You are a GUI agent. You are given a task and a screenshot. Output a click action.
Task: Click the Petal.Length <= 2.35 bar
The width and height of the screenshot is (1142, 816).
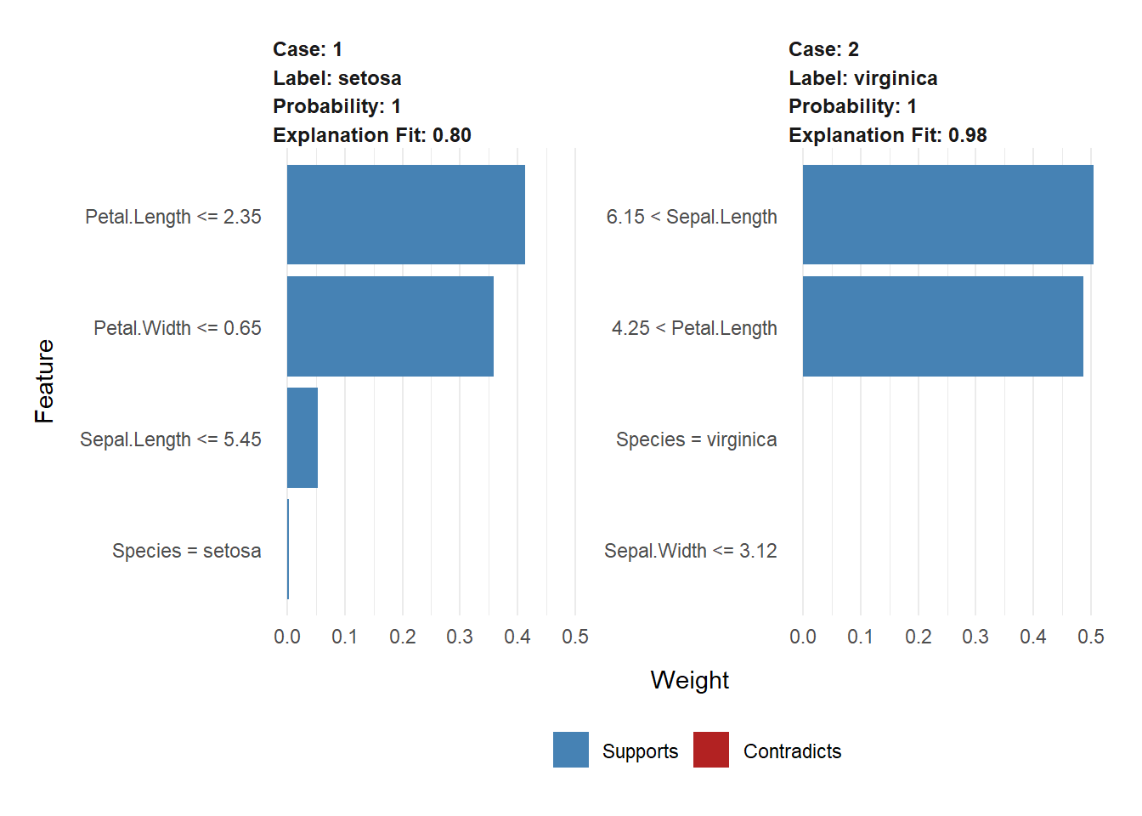(405, 214)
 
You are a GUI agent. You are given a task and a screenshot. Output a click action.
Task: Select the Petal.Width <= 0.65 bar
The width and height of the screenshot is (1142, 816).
(390, 326)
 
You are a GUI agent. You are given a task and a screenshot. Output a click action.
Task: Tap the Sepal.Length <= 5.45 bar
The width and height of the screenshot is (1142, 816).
(302, 438)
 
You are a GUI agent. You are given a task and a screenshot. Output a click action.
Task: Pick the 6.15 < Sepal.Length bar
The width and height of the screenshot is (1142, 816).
(947, 214)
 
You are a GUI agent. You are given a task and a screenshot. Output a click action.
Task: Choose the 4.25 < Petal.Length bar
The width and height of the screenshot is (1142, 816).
(942, 326)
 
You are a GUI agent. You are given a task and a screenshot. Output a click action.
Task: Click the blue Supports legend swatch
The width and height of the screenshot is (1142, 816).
(570, 750)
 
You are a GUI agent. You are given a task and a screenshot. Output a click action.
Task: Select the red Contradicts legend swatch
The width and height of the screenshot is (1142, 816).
(711, 750)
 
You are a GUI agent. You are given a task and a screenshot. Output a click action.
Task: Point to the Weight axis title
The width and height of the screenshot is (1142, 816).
(689, 680)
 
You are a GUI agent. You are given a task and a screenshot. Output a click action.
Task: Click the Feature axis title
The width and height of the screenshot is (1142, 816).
(44, 381)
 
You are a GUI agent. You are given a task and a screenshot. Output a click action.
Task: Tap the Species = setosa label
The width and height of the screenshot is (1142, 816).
(186, 551)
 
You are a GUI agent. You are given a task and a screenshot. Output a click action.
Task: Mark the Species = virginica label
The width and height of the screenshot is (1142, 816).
(696, 439)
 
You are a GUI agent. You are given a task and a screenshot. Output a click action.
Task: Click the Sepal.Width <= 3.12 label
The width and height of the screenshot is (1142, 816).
(690, 551)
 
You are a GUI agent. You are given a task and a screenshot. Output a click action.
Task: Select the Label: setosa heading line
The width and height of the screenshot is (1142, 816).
(336, 78)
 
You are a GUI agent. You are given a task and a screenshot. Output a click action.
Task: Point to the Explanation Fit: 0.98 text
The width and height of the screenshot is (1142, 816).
(887, 135)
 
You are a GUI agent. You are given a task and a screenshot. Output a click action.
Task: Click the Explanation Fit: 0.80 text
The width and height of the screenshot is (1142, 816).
(371, 135)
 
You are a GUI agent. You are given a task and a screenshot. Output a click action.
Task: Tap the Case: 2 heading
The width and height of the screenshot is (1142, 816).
(823, 49)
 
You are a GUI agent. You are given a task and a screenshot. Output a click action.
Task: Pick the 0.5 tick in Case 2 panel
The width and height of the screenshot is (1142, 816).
(1090, 637)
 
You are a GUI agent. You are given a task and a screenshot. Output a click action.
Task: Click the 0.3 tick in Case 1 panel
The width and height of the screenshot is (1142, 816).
(460, 637)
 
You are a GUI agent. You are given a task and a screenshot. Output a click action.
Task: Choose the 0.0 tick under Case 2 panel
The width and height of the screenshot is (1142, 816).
(803, 637)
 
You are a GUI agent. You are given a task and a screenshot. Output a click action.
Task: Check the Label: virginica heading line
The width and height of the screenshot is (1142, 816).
(862, 78)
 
